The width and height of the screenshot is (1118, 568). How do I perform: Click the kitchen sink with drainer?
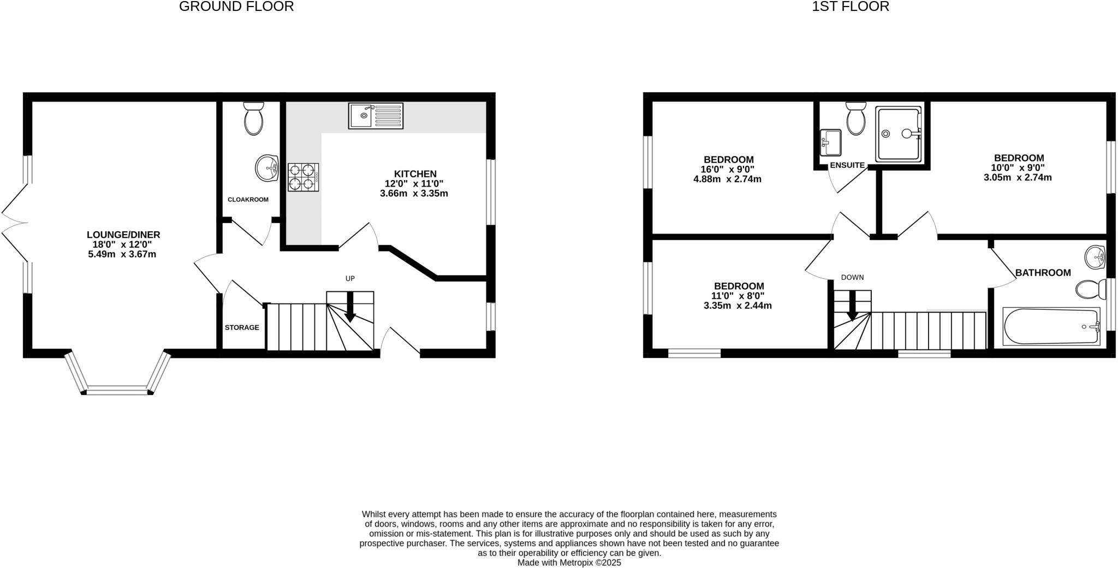pyautogui.click(x=376, y=116)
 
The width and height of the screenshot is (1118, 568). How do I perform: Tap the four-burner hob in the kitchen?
pyautogui.click(x=304, y=177)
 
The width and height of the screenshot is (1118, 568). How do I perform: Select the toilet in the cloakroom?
pyautogui.click(x=254, y=118)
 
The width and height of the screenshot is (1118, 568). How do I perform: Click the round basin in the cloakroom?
pyautogui.click(x=267, y=168)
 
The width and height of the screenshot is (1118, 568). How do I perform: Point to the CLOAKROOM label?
pyautogui.click(x=248, y=200)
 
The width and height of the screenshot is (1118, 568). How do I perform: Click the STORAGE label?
pyautogui.click(x=242, y=327)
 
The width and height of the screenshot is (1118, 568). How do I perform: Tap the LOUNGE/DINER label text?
pyautogui.click(x=123, y=235)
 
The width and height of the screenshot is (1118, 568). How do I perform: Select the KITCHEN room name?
pyautogui.click(x=415, y=174)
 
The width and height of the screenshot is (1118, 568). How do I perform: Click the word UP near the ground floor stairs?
pyautogui.click(x=350, y=278)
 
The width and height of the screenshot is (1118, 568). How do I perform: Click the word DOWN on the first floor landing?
pyautogui.click(x=852, y=277)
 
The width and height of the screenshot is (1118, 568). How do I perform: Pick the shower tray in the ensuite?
pyautogui.click(x=899, y=134)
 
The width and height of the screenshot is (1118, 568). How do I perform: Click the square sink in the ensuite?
pyautogui.click(x=830, y=142)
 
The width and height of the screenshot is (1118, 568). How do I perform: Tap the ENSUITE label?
pyautogui.click(x=847, y=165)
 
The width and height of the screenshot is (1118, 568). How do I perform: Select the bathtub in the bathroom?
pyautogui.click(x=1051, y=326)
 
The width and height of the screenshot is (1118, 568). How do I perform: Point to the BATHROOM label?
pyautogui.click(x=1043, y=273)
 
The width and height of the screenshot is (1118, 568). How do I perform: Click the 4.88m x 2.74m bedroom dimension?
pyautogui.click(x=727, y=179)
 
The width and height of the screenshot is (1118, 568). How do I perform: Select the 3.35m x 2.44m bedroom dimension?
pyautogui.click(x=738, y=306)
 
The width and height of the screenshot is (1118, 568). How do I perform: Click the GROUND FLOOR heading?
pyautogui.click(x=236, y=7)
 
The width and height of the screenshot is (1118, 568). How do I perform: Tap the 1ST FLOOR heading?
pyautogui.click(x=851, y=7)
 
